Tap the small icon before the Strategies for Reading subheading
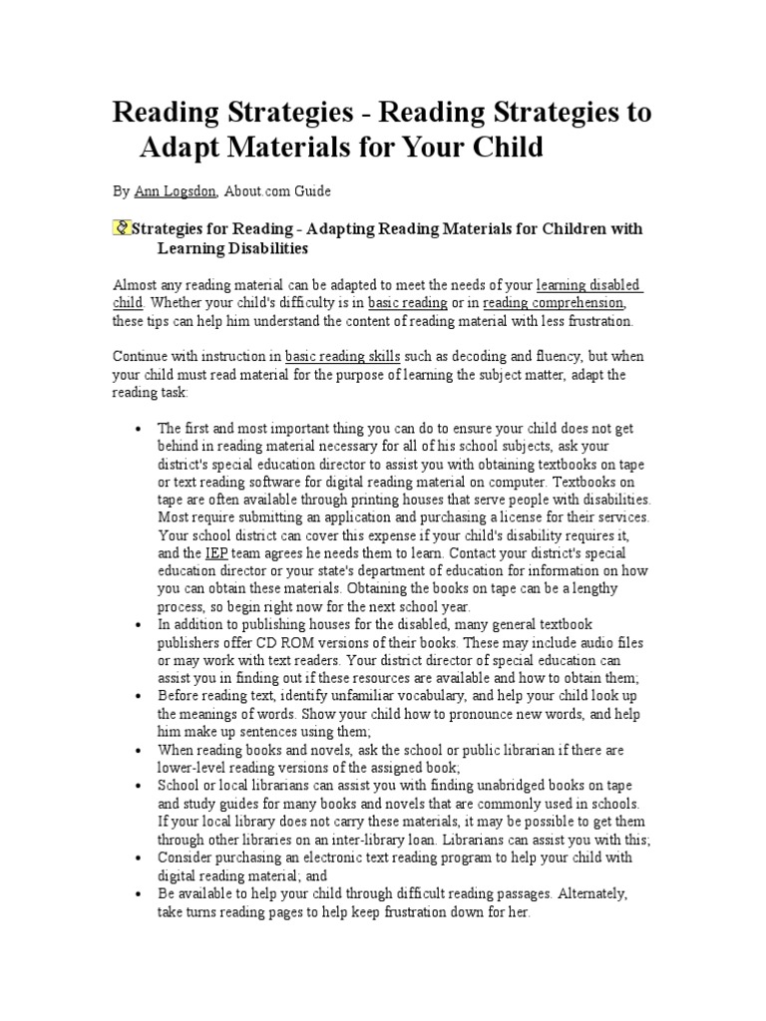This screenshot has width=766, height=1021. pyautogui.click(x=122, y=228)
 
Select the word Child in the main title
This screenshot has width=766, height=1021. pyautogui.click(x=505, y=148)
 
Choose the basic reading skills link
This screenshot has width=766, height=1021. pyautogui.click(x=343, y=356)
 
